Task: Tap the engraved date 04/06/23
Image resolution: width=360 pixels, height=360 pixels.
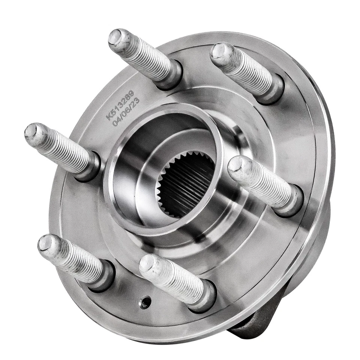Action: coord(126,111)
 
